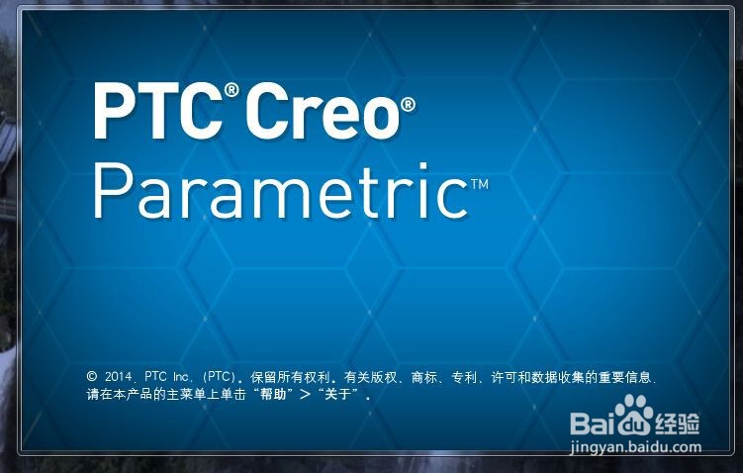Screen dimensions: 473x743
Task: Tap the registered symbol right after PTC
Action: click(232, 90)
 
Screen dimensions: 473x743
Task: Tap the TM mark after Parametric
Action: click(479, 183)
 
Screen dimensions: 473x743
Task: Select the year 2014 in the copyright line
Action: click(118, 377)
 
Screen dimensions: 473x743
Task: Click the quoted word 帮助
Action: click(269, 394)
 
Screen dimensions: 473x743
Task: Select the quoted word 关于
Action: click(340, 394)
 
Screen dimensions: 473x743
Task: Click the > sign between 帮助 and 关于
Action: click(305, 394)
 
